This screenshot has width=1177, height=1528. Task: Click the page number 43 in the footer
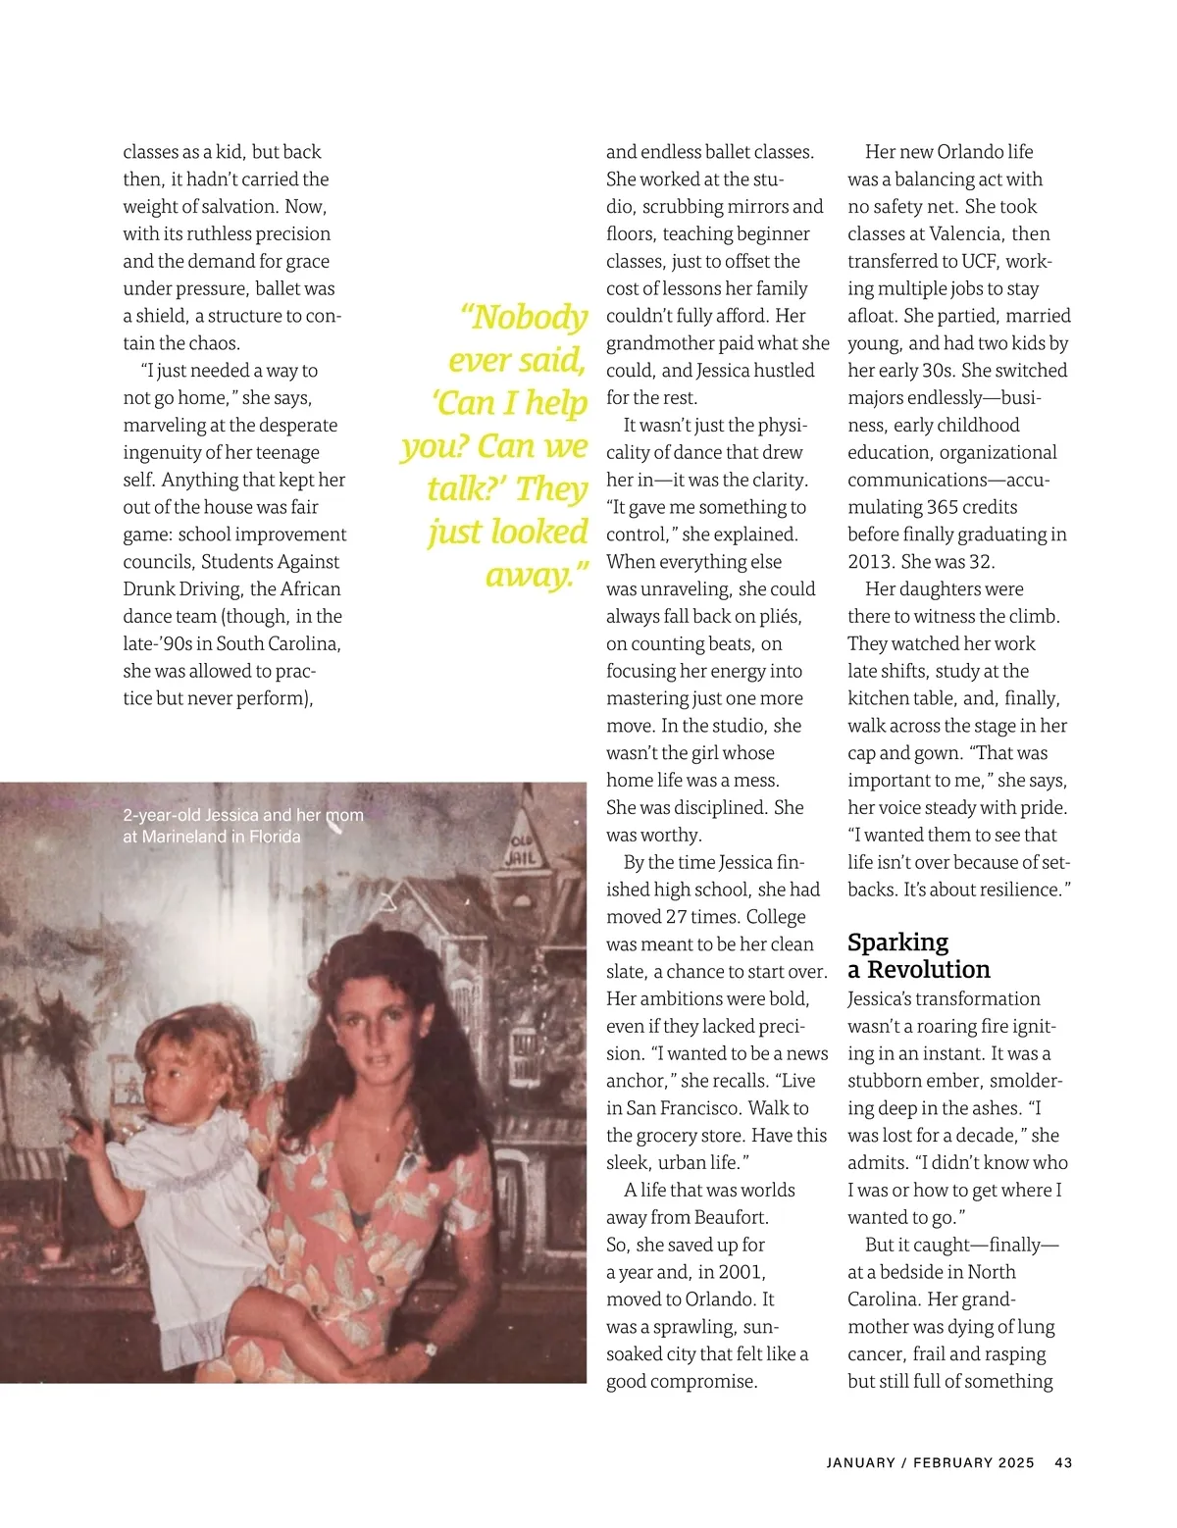[x=1063, y=1462]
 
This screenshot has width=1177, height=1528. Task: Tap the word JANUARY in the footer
[x=860, y=1462]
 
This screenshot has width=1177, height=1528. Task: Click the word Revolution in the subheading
[x=929, y=970]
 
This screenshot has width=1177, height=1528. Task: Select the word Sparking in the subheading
[x=897, y=942]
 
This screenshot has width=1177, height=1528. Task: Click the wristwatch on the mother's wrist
[x=429, y=1349]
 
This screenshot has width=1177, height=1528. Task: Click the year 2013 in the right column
[x=870, y=562]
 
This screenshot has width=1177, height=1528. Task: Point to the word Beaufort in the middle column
[x=731, y=1217]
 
